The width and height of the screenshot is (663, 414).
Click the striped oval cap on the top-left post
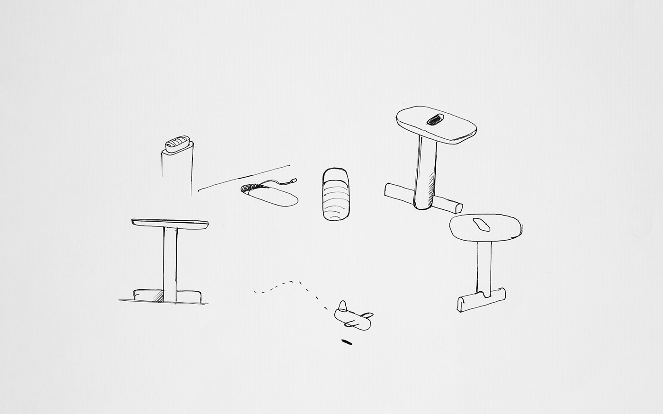(178, 144)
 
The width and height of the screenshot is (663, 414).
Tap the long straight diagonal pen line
(244, 178)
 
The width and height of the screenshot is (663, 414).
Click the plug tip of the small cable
(294, 180)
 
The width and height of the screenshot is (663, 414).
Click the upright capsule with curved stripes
(336, 194)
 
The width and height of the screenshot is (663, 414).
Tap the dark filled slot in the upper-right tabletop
(434, 120)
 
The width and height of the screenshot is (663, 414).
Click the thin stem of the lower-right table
(484, 265)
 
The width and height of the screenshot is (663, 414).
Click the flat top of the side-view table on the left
(170, 222)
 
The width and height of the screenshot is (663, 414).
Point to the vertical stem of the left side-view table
(170, 263)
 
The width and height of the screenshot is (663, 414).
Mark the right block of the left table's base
(189, 296)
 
